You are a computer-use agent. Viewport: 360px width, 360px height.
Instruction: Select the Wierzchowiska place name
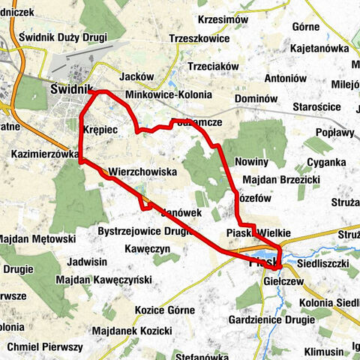point(142,172)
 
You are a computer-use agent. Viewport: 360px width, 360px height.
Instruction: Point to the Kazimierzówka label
point(46,154)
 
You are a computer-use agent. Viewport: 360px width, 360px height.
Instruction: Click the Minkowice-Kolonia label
point(169,95)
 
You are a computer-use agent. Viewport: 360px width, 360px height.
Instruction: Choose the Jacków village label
point(136,76)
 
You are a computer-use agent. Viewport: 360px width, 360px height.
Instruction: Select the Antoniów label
point(286,78)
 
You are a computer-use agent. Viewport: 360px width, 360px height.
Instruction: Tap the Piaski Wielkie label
point(257,233)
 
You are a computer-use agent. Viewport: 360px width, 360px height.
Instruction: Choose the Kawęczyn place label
point(148,248)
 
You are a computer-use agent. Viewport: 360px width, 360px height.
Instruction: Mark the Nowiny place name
point(251,162)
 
